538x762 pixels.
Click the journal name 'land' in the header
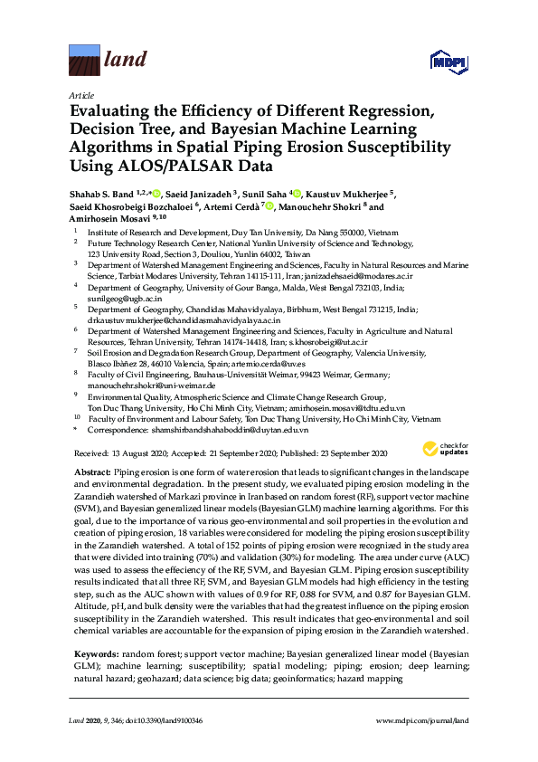[x=126, y=61]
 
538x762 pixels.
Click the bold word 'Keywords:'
[x=96, y=652]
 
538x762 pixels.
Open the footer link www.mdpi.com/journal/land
[x=422, y=719]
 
